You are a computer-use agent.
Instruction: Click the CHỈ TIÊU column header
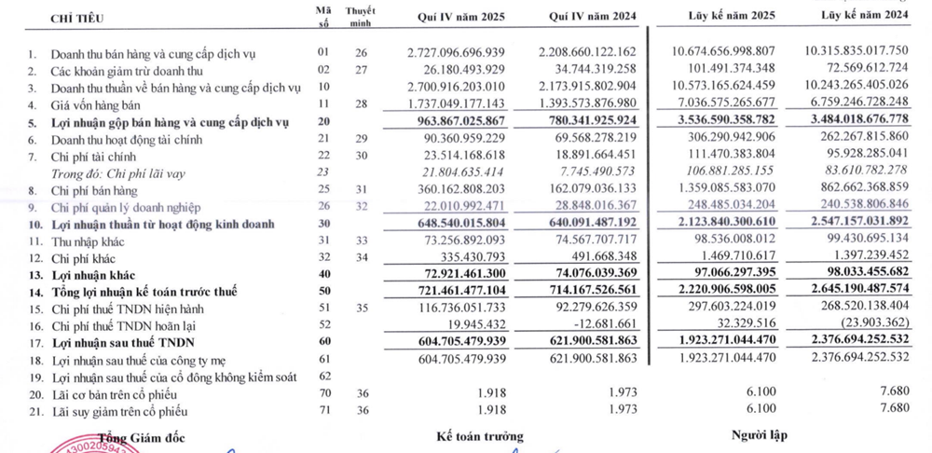[79, 17]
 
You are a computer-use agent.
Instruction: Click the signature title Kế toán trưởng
[479, 435]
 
